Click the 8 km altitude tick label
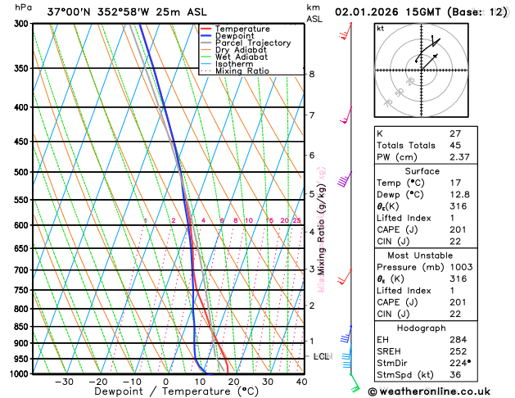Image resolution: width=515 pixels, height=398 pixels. (x=311, y=75)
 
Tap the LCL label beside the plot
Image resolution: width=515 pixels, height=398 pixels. (x=321, y=356)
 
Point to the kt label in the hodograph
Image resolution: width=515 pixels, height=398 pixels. (x=380, y=29)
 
